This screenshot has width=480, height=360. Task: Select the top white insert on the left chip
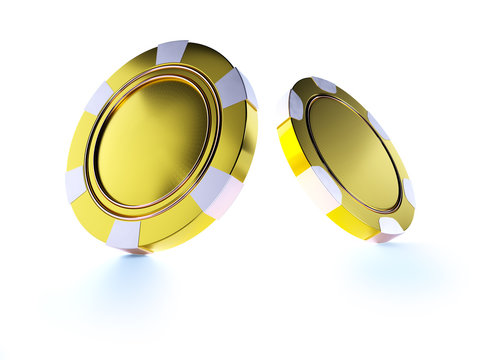point(172,51)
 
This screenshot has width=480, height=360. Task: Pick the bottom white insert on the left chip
point(124,234)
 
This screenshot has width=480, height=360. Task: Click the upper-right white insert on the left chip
point(232,87)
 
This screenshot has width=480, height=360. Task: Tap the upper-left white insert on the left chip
point(99,97)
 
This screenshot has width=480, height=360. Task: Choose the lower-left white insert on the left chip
point(76,185)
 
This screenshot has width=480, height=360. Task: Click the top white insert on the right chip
point(324,85)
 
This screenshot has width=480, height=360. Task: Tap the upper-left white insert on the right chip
point(295,104)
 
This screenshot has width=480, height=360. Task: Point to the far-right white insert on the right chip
point(408,192)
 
